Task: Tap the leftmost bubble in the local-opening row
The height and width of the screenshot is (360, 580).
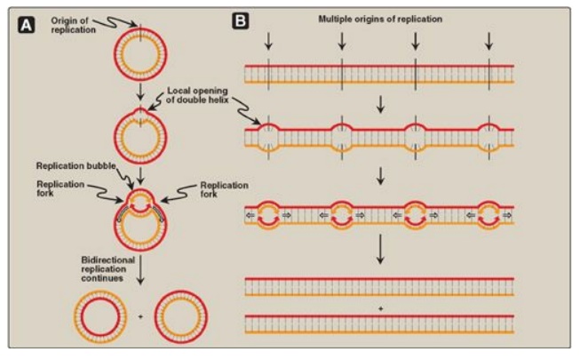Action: (270, 136)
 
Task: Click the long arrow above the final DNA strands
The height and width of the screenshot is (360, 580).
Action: (379, 257)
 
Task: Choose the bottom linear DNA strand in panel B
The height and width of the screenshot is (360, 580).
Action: (379, 322)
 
